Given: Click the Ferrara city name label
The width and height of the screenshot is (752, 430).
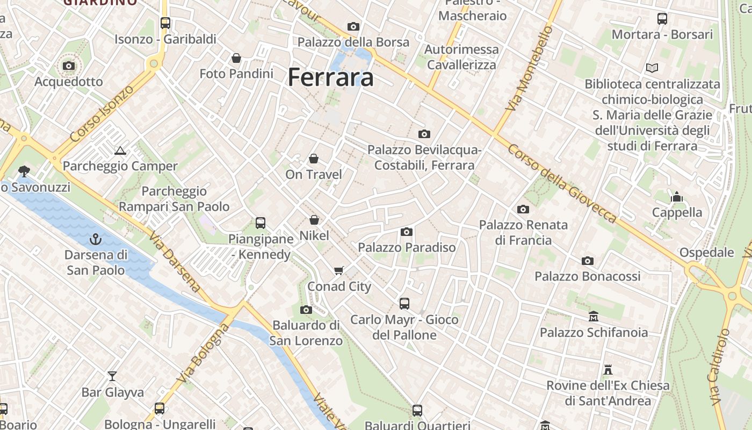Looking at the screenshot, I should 330,77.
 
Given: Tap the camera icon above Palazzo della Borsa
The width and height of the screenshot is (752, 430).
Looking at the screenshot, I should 353,26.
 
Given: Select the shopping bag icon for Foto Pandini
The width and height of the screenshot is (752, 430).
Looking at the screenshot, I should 236,58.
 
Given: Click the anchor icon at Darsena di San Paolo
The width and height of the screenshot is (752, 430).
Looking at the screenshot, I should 96,239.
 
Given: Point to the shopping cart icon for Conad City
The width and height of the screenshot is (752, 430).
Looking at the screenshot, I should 338,270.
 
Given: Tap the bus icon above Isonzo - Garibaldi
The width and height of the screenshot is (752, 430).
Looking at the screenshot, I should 165,23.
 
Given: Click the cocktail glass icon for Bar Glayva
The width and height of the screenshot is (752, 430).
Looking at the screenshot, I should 112,376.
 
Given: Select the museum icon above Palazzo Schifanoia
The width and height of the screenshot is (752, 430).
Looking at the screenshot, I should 593,317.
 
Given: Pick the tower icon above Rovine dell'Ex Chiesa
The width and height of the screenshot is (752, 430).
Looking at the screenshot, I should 608,370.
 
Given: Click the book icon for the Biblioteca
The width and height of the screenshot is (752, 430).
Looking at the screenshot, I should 652,68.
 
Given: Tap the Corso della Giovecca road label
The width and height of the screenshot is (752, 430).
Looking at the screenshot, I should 562,183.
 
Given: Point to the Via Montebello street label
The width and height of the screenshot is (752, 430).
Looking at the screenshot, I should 529,68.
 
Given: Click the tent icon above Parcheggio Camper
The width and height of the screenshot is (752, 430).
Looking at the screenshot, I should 120,150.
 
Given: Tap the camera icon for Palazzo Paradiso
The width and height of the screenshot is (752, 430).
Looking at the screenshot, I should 407,232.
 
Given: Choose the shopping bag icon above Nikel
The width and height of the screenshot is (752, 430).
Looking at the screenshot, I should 314,220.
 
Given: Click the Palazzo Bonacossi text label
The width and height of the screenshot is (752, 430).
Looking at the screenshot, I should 587,276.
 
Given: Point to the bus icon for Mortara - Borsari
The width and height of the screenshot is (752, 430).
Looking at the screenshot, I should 662,19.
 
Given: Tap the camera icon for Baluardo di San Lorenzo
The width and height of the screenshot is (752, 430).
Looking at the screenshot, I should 306,310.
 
